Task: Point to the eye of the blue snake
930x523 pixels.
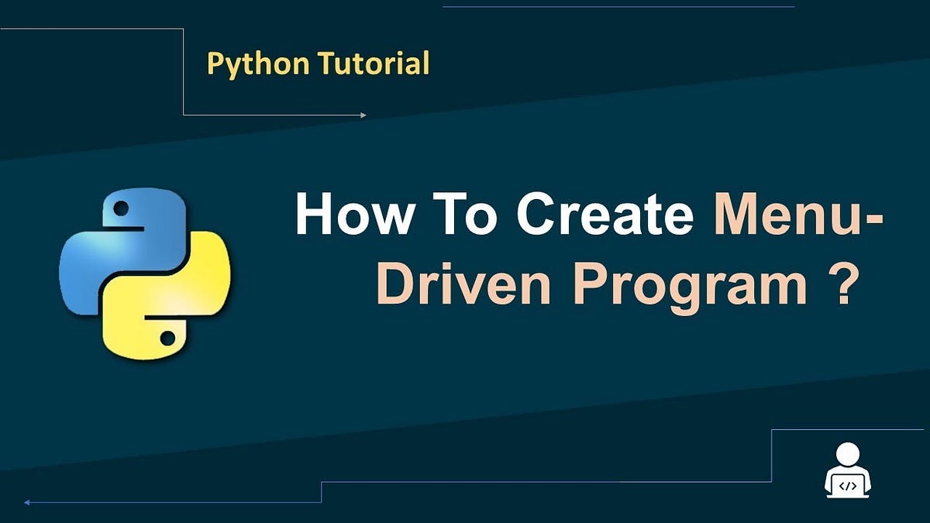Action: click(121, 208)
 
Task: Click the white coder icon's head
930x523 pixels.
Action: click(848, 454)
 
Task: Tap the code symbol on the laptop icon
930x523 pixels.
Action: click(848, 486)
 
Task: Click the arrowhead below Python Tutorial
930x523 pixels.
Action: click(363, 115)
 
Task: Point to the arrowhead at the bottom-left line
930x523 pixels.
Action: click(27, 502)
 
